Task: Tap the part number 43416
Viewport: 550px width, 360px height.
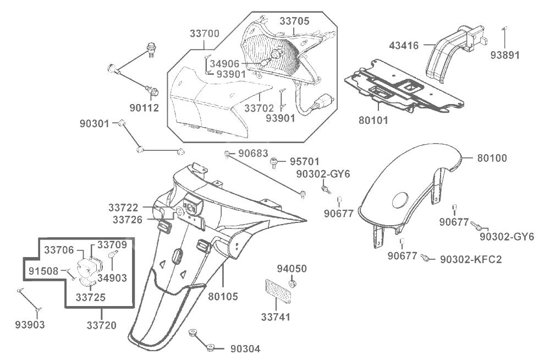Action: tap(404, 46)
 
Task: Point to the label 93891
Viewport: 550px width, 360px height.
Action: tap(505, 55)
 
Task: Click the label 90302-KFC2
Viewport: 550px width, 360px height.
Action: tap(471, 258)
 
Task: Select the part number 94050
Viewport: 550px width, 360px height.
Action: tap(291, 269)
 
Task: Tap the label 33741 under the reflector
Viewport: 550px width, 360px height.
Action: tap(276, 317)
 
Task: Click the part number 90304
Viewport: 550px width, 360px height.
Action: tap(245, 348)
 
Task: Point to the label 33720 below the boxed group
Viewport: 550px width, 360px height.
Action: tap(101, 325)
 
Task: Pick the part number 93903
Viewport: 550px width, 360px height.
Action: tap(30, 324)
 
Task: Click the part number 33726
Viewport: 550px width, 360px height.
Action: tap(128, 219)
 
